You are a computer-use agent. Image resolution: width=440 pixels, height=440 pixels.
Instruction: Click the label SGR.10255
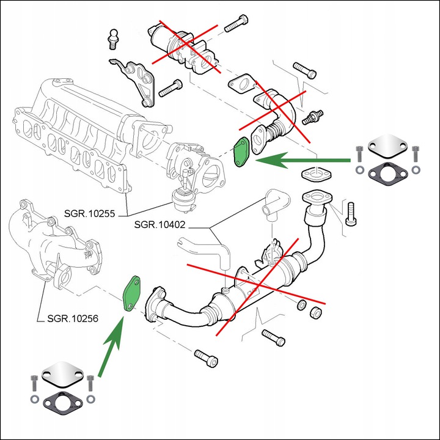tap(93, 215)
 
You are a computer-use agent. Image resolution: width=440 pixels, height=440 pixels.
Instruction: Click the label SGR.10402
tap(159, 225)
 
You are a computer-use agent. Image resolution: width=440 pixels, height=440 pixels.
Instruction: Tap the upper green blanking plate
tap(243, 152)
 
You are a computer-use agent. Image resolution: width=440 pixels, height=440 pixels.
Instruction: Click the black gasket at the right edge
tap(386, 174)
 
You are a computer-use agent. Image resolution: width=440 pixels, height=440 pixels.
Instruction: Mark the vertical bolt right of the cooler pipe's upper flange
tap(351, 213)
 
